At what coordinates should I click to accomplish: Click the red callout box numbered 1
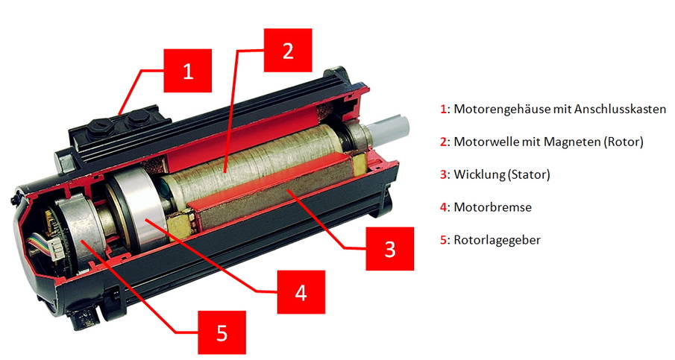point(188,72)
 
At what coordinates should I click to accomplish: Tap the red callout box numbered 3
point(389,247)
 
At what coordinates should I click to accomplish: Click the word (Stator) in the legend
point(527,174)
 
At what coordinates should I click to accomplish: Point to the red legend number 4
point(442,207)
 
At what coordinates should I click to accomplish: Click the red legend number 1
point(442,109)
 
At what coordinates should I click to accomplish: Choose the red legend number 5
point(442,240)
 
